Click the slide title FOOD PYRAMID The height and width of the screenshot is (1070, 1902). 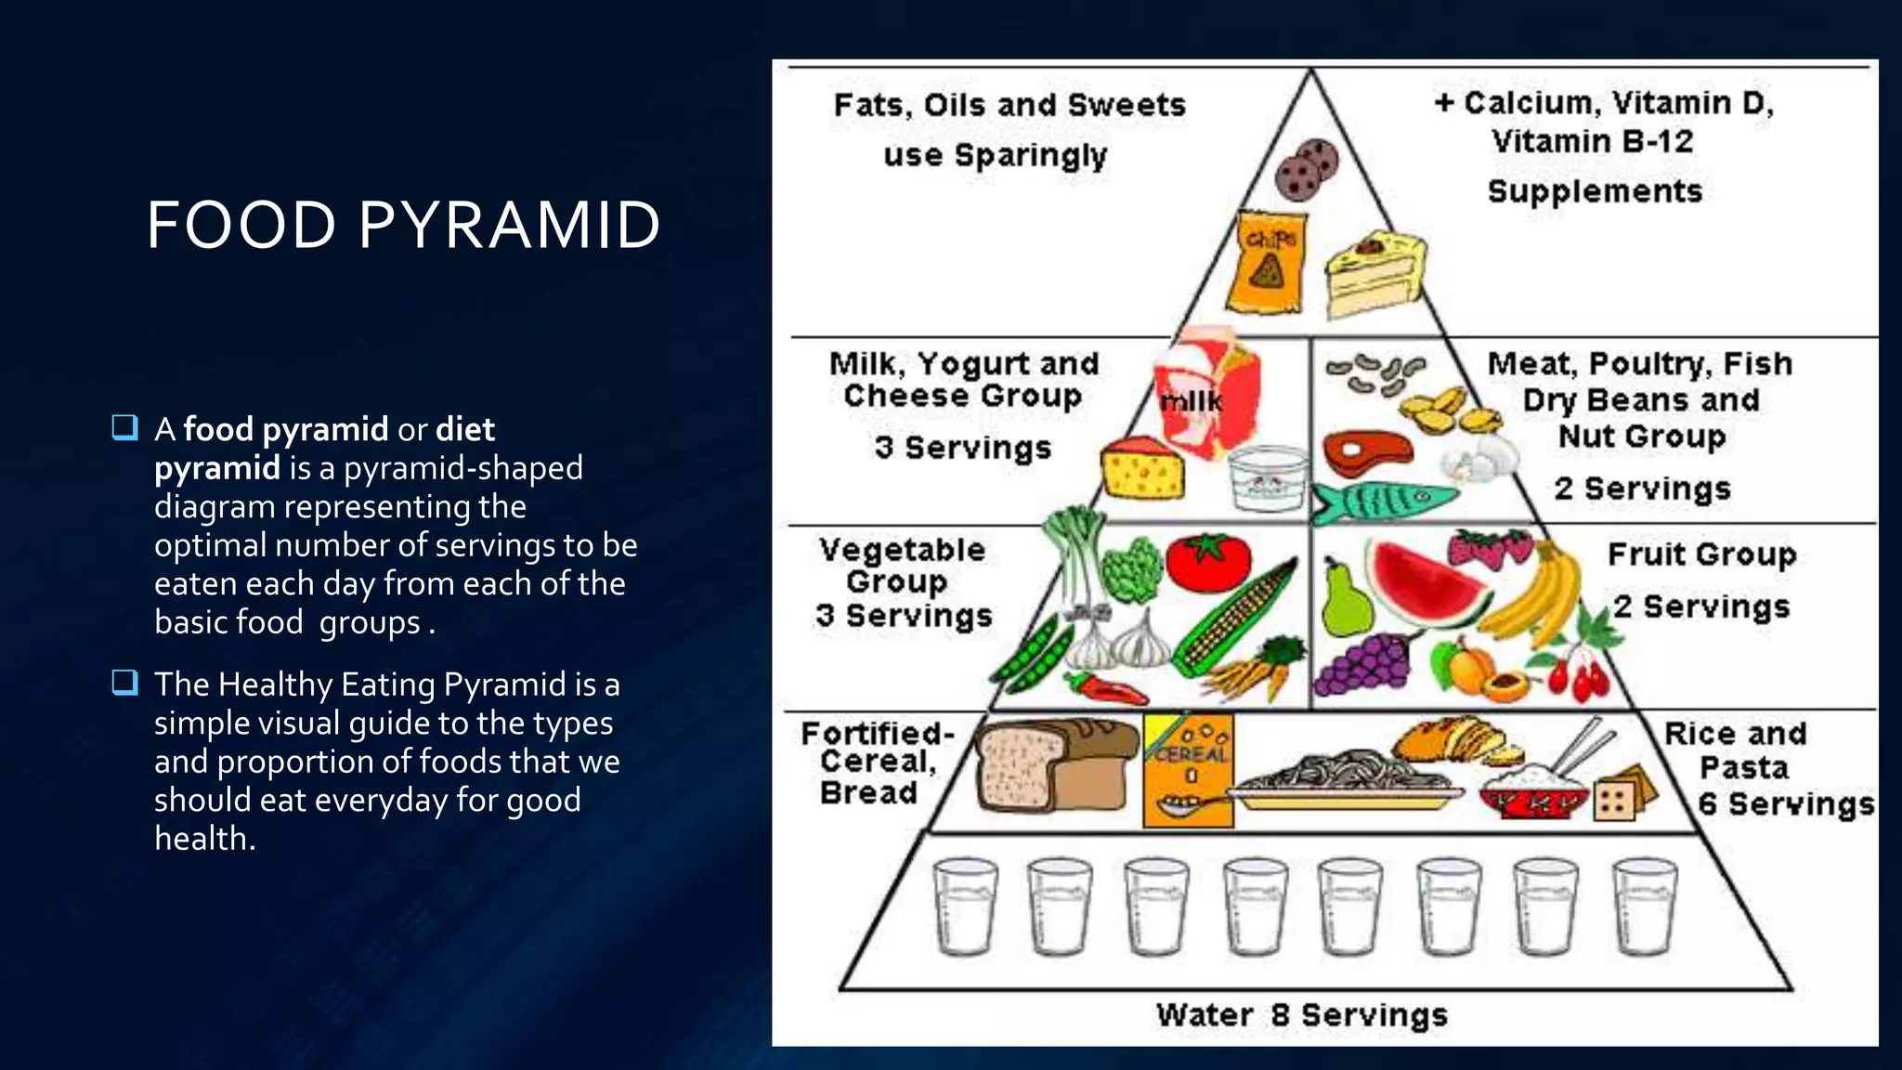point(403,226)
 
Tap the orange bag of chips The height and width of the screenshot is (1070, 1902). point(1267,263)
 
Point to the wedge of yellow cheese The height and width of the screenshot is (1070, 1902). point(1142,470)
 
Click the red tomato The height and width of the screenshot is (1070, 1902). point(1207,562)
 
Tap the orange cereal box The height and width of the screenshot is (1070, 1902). point(1189,770)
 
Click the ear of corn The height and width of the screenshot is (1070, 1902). point(1235,618)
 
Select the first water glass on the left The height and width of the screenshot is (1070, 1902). point(965,906)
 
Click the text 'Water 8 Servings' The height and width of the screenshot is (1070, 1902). point(1301,1015)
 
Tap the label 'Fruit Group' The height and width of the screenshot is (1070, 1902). point(1701,555)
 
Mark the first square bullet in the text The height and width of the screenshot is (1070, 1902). point(124,428)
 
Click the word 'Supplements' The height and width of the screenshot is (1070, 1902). point(1595,191)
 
